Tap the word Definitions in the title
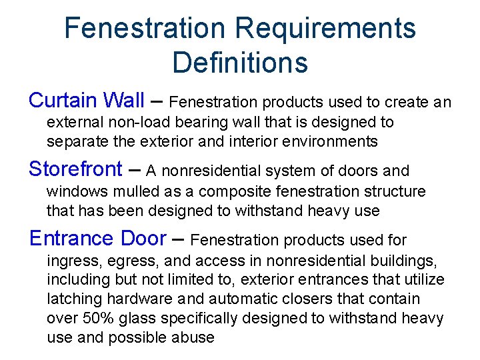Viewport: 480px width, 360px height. click(x=240, y=62)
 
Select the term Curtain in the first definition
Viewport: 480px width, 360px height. click(x=64, y=101)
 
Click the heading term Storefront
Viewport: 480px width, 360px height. click(x=75, y=169)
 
